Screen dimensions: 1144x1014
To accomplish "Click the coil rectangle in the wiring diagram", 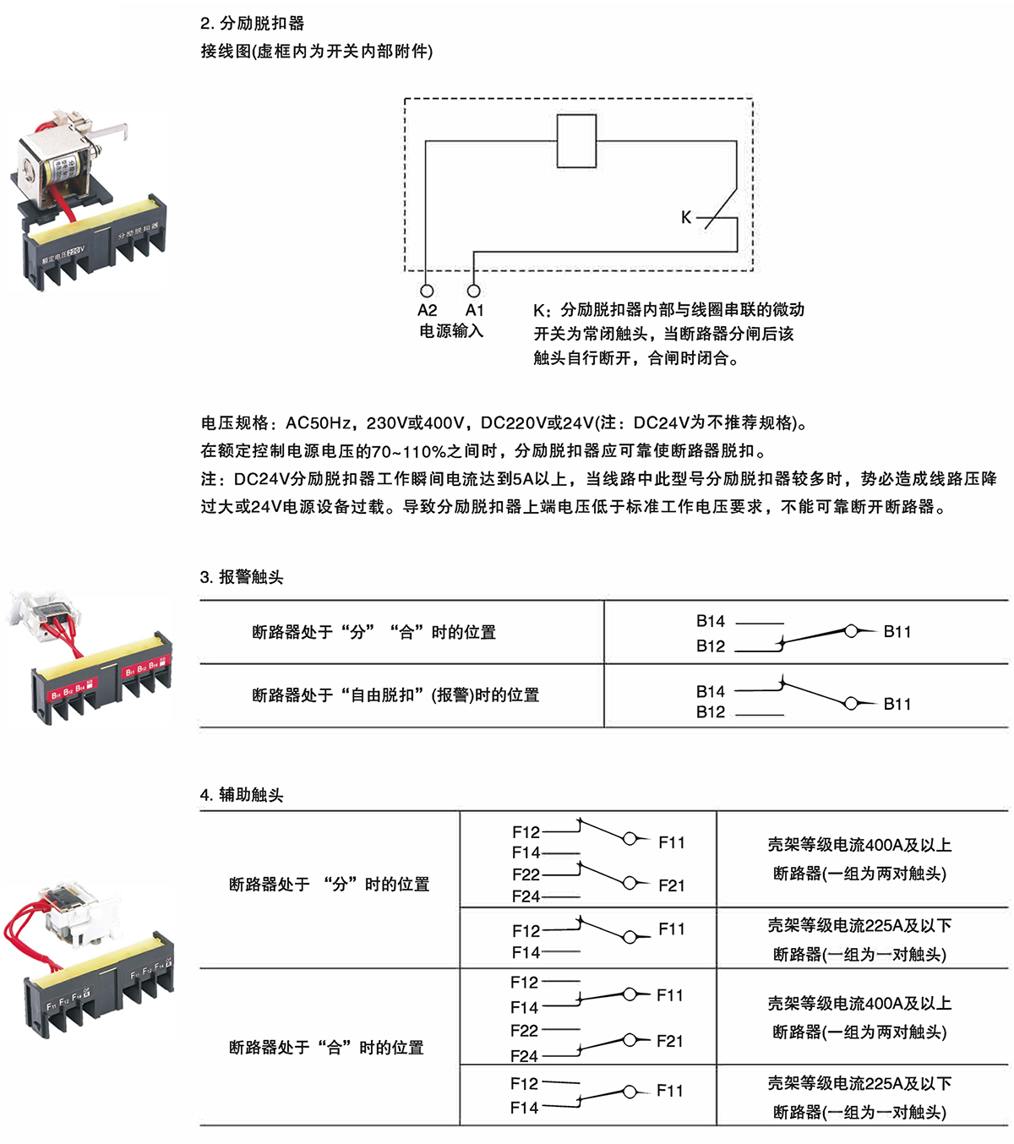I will click(577, 140).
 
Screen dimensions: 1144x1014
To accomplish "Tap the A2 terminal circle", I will click(427, 291).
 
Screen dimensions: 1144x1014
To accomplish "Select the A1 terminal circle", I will click(473, 291).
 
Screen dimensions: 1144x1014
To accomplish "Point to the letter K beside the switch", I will click(686, 218).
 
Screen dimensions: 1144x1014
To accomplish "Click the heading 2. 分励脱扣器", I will click(253, 24).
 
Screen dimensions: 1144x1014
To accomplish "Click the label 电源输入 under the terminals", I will click(451, 331).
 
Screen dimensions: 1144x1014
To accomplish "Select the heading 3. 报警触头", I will click(242, 577).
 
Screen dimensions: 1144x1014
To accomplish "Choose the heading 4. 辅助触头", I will click(242, 795).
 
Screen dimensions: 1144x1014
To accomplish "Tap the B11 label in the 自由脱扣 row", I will click(897, 704).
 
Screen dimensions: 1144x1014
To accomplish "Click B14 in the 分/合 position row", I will click(711, 622).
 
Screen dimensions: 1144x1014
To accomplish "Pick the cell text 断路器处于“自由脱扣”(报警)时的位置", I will click(395, 695).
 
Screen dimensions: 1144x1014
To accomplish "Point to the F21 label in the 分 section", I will click(672, 885).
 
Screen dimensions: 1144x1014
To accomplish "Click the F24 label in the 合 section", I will click(524, 1056).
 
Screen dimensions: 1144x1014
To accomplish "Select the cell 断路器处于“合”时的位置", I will click(326, 1048).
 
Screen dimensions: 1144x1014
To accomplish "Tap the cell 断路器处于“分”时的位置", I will click(330, 885).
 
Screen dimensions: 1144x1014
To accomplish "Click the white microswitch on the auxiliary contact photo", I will click(72, 912).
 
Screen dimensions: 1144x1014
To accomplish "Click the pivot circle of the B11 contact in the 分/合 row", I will click(851, 630).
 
